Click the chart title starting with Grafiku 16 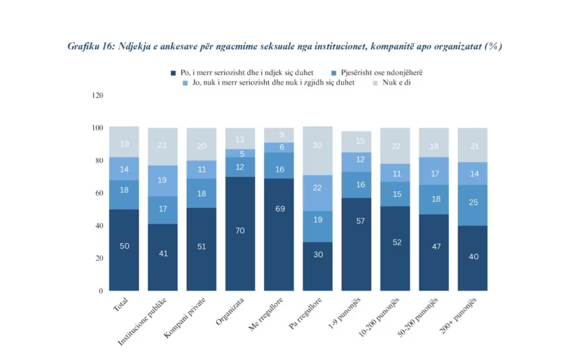coord(284,46)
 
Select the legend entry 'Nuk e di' coord(396,83)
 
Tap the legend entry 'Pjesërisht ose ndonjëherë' coord(381,73)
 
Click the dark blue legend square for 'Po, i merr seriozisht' coord(173,73)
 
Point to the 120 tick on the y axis coord(97,95)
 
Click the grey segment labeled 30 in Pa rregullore coord(317,145)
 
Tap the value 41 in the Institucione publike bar coord(162,254)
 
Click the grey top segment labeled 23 coord(162,146)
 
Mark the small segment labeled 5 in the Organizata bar coord(240,153)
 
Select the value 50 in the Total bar coord(124,246)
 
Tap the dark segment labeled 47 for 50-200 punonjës coord(434,247)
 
